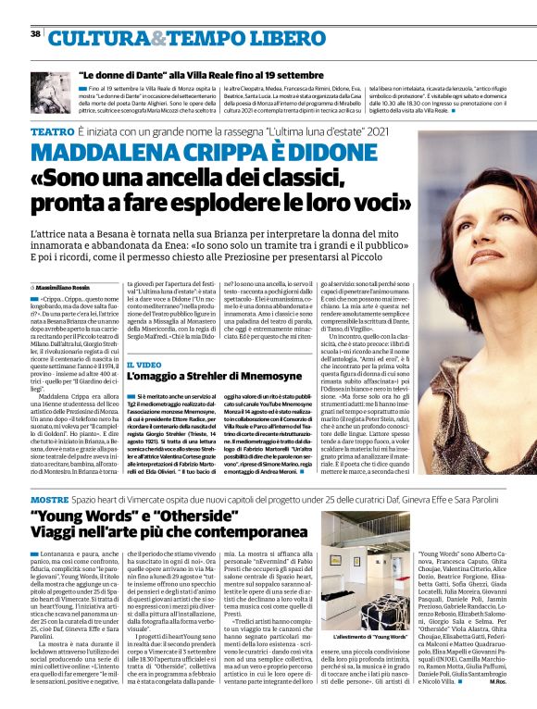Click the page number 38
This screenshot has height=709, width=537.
(35, 33)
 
